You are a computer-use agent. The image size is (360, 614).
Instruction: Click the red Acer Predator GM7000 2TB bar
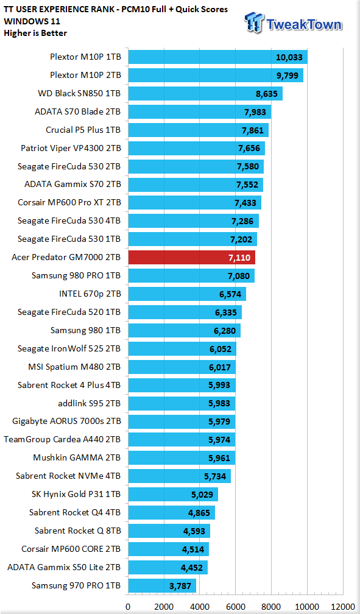(191, 257)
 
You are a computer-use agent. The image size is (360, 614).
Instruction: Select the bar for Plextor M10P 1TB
(218, 57)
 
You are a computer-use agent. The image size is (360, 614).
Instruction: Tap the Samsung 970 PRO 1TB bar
(162, 586)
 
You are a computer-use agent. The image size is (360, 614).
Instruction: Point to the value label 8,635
(266, 94)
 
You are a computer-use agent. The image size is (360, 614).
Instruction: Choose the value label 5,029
(202, 495)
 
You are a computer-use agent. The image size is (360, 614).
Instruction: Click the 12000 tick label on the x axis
(343, 607)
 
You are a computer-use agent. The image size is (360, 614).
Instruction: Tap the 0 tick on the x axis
(128, 607)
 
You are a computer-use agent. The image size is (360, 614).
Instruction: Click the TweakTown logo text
(304, 24)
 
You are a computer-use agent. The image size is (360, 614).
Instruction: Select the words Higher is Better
(35, 34)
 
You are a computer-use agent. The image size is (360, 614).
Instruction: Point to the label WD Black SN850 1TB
(79, 94)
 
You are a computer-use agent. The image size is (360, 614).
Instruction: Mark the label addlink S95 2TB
(89, 403)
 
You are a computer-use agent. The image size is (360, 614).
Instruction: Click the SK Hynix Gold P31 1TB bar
(173, 495)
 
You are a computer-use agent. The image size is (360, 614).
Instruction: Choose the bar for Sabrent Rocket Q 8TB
(169, 531)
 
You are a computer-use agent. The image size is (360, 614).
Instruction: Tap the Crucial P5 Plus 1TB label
(83, 130)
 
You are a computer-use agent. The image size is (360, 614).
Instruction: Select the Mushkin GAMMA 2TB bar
(182, 458)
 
